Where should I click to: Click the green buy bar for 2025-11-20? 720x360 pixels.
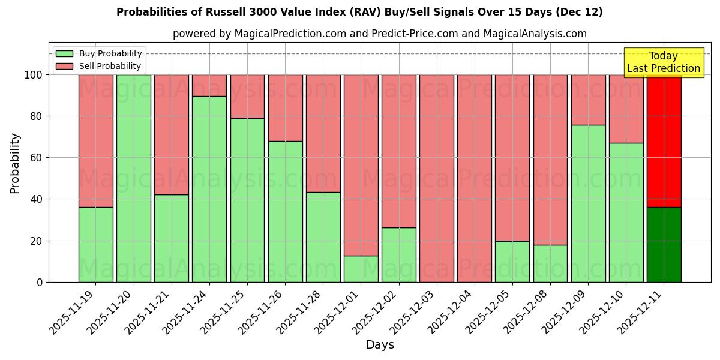pyautogui.click(x=133, y=178)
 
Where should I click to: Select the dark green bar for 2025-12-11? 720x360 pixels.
pyautogui.click(x=664, y=245)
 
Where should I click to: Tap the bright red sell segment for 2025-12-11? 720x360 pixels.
pyautogui.click(x=664, y=141)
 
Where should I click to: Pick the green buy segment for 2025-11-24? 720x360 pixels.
pyautogui.click(x=209, y=189)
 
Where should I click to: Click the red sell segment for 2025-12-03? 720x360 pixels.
pyautogui.click(x=437, y=178)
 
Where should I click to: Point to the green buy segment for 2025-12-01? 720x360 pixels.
pyautogui.click(x=361, y=269)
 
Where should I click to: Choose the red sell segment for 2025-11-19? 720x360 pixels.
pyautogui.click(x=95, y=141)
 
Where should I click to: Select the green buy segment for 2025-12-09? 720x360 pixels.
pyautogui.click(x=588, y=203)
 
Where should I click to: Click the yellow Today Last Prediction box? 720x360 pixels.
pyautogui.click(x=663, y=62)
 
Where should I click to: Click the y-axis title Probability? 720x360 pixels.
pyautogui.click(x=15, y=163)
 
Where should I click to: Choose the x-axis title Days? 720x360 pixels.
pyautogui.click(x=380, y=345)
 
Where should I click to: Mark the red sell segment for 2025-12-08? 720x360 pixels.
pyautogui.click(x=550, y=160)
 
